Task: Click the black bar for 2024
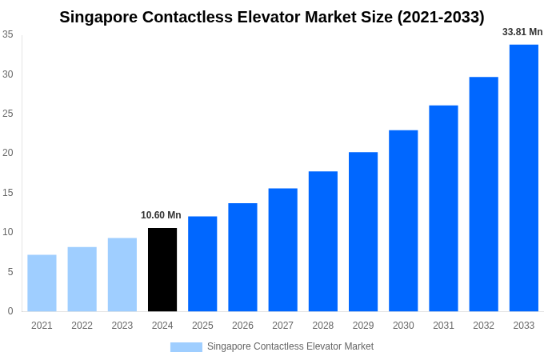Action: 162,270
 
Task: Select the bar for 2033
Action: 523,178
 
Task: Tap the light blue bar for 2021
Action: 42,283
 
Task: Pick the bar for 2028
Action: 322,241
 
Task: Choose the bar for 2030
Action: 403,221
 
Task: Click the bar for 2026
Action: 242,257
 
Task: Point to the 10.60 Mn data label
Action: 161,215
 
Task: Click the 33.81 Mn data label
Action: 522,32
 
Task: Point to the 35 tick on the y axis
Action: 7,34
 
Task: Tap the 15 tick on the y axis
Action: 7,193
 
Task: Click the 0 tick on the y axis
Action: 10,311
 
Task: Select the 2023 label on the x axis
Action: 122,326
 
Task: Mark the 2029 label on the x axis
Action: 363,326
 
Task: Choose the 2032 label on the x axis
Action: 483,326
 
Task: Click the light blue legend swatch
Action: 186,346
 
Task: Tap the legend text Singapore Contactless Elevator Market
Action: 290,346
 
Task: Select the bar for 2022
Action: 82,279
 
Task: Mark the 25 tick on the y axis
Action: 7,114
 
